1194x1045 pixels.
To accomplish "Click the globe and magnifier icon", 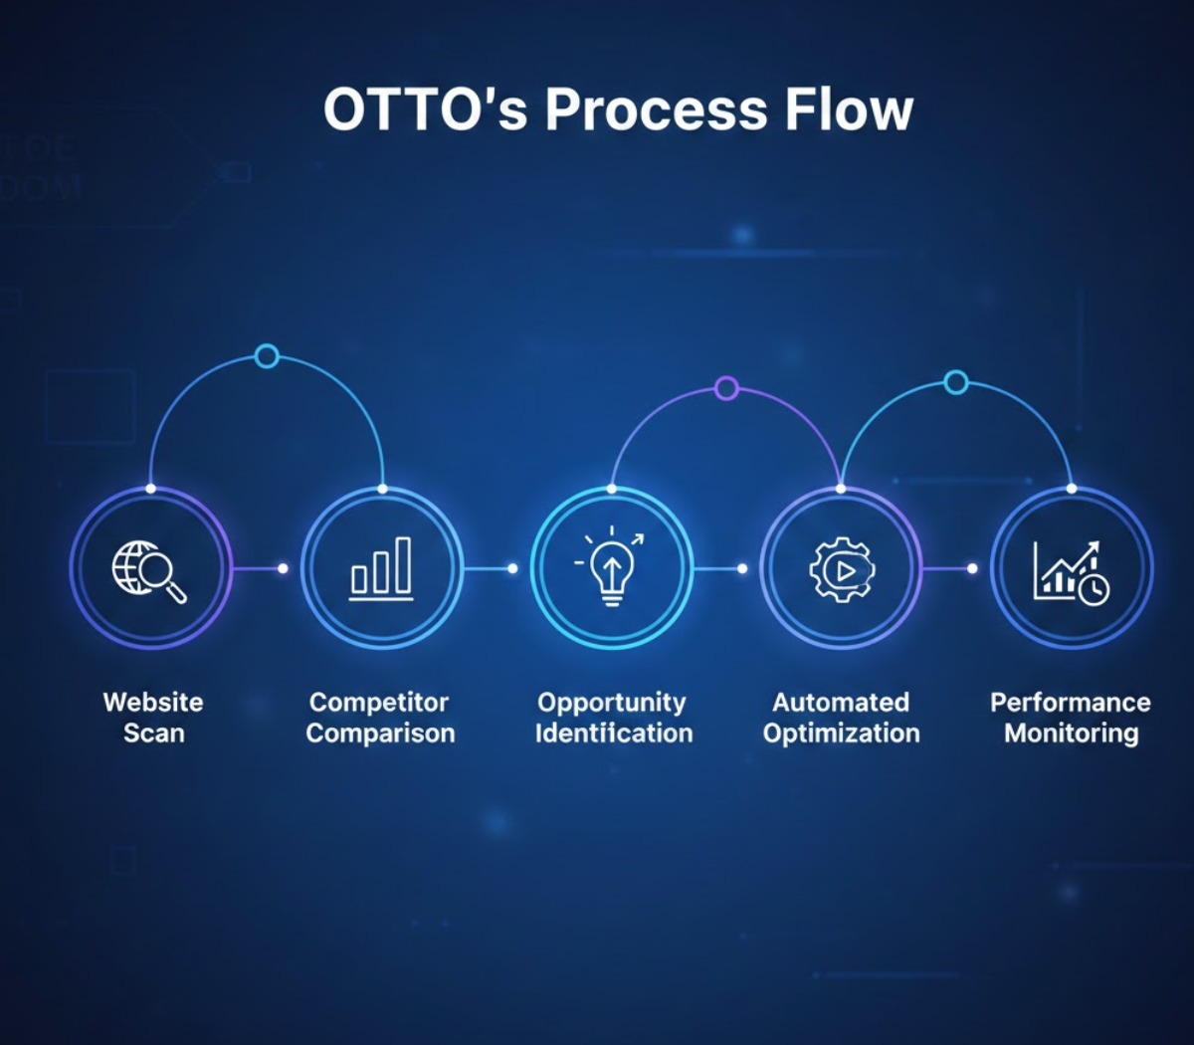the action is click(148, 570).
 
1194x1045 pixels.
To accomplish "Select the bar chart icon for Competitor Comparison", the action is click(381, 569).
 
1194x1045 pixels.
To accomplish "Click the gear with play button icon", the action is click(842, 569).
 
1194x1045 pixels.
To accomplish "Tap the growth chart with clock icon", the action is click(1071, 571).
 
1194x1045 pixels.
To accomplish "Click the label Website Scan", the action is click(153, 718).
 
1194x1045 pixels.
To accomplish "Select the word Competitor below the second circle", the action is click(379, 703).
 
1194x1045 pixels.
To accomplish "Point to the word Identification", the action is click(614, 733).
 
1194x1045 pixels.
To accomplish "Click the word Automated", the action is click(841, 703).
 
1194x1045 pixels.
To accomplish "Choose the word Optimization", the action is click(841, 733).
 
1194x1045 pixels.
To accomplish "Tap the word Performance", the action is click(1070, 703).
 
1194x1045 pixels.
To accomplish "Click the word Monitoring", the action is click(1071, 733).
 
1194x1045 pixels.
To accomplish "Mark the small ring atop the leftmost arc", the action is click(267, 355).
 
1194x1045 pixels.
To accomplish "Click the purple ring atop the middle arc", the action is click(726, 388).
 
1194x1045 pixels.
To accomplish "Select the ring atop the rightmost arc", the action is click(956, 382).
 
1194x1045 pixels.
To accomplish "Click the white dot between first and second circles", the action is click(283, 568).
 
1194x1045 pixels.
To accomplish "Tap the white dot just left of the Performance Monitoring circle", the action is click(972, 568).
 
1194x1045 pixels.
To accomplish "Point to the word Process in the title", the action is click(656, 109).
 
